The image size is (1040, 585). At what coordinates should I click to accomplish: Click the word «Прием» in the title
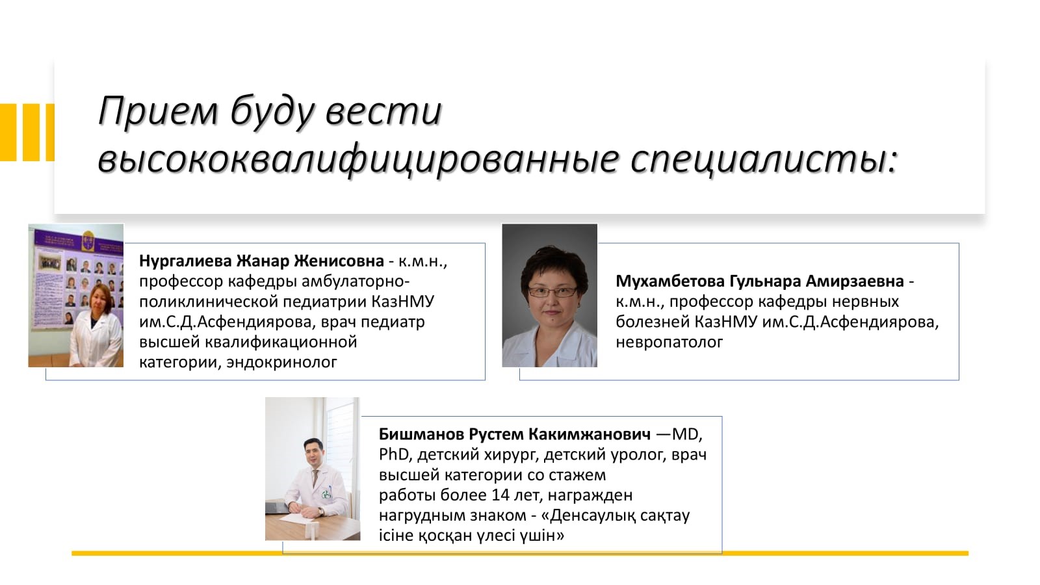tap(159, 111)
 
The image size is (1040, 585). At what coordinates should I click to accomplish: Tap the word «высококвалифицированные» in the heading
tap(358, 160)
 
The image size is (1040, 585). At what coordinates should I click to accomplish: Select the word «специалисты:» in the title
tap(764, 160)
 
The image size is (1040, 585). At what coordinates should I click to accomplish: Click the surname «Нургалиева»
tap(185, 261)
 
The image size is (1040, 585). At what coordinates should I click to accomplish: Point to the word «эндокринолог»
tap(281, 362)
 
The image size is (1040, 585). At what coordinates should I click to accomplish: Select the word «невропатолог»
tap(669, 342)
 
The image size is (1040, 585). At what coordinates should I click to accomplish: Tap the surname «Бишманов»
tap(421, 434)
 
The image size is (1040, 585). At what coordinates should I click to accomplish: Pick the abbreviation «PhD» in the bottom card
tap(393, 454)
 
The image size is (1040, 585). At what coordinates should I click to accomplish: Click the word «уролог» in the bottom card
tap(638, 455)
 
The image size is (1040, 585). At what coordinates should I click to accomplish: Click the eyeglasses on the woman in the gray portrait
tap(552, 292)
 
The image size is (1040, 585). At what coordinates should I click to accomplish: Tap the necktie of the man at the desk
tap(315, 478)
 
